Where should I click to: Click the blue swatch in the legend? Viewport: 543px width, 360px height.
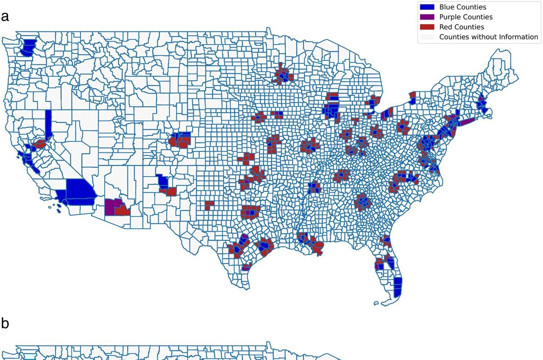point(427,7)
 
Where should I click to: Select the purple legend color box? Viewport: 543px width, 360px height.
point(427,17)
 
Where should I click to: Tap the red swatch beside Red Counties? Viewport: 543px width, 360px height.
point(427,27)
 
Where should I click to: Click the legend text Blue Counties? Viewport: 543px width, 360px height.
point(462,7)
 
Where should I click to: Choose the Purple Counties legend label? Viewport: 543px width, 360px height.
point(466,17)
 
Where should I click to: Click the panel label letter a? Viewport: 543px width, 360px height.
point(5,17)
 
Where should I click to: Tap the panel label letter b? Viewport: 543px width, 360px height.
point(5,323)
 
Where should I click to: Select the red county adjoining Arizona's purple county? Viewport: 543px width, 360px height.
point(123,210)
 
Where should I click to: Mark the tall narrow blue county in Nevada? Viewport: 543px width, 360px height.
point(48,124)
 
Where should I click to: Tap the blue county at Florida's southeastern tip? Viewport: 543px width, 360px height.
point(397,287)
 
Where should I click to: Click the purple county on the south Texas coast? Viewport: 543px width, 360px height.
point(246,268)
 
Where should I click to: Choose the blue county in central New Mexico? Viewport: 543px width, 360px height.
point(162,182)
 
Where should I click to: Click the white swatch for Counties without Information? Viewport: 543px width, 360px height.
point(427,37)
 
